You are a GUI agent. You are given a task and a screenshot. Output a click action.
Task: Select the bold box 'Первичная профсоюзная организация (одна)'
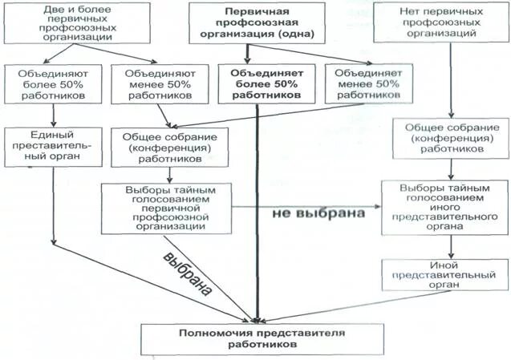click(258, 24)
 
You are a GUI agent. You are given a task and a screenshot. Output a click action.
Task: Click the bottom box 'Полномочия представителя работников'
click(256, 338)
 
